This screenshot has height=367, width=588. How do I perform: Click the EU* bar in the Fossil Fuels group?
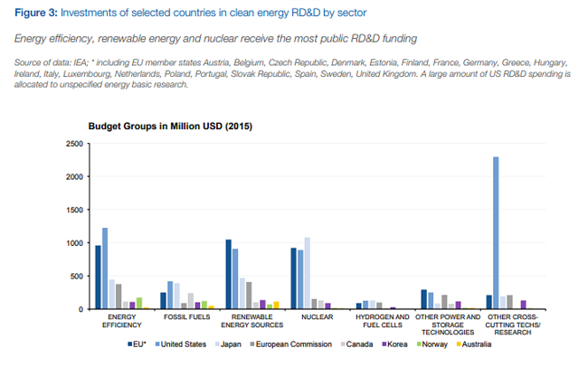[x=163, y=301]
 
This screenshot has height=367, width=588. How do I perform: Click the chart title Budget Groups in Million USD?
[x=170, y=126]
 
